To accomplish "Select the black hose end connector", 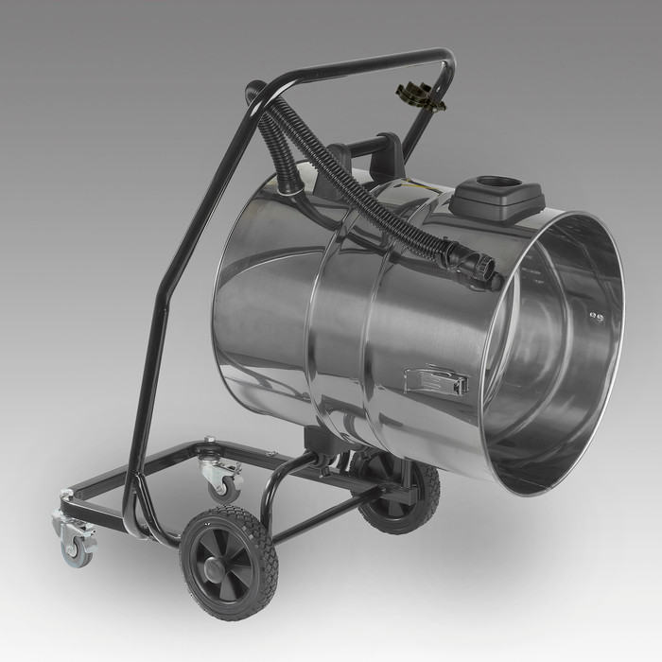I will coord(472,264).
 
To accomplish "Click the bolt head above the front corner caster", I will coord(64,496).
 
